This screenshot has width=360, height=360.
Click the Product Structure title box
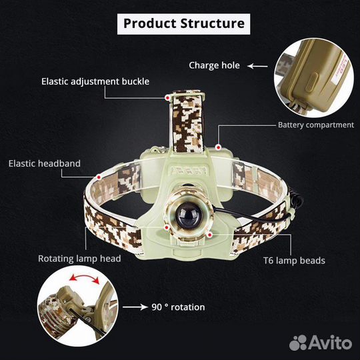pyautogui.click(x=184, y=24)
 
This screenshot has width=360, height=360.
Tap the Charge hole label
pyautogui.click(x=214, y=65)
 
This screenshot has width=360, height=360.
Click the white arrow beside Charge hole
pyautogui.click(x=257, y=67)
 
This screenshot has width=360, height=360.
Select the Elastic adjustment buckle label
pyautogui.click(x=95, y=81)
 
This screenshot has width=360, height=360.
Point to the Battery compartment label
pyautogui.click(x=316, y=125)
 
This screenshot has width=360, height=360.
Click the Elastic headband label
pyautogui.click(x=45, y=163)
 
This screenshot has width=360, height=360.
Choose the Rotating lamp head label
pyautogui.click(x=79, y=259)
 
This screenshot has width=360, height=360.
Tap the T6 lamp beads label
pyautogui.click(x=294, y=261)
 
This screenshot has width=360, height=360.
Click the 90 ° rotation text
pyautogui.click(x=178, y=307)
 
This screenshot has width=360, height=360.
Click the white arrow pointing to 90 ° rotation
pyautogui.click(x=135, y=307)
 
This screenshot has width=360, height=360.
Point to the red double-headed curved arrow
pyautogui.click(x=84, y=277)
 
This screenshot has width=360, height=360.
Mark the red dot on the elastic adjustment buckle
pyautogui.click(x=167, y=98)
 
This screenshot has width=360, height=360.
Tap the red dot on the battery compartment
pyautogui.click(x=219, y=147)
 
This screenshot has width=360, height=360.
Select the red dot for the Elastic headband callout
pyautogui.click(x=99, y=177)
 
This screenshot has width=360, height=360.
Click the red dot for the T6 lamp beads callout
pyautogui.click(x=209, y=235)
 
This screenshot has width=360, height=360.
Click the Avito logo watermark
pyautogui.click(x=321, y=343)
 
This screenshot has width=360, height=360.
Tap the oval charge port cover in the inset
pyautogui.click(x=313, y=83)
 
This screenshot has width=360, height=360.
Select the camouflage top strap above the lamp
pyautogui.click(x=188, y=122)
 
